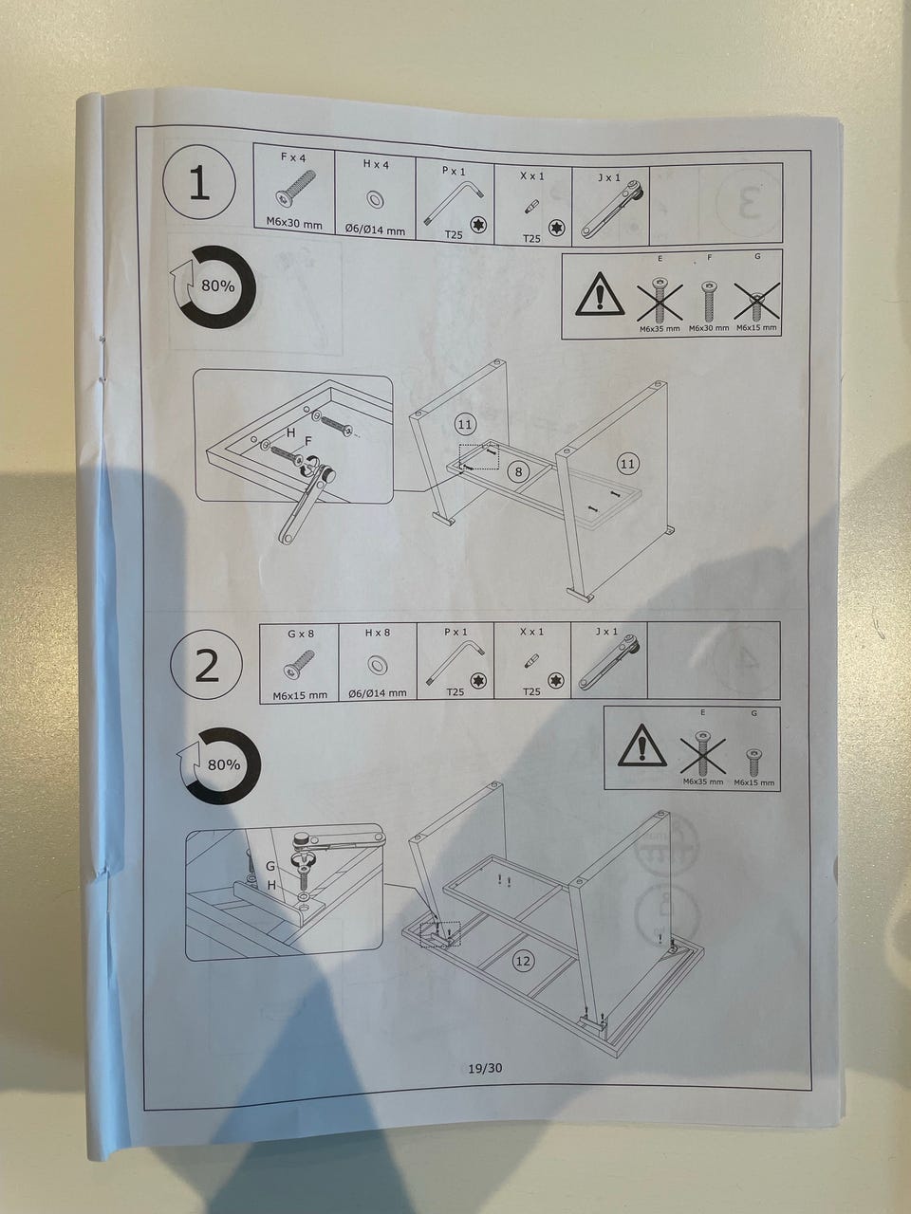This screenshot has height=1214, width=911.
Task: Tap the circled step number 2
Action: pyautogui.click(x=206, y=667)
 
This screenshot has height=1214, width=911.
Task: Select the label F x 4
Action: pyautogui.click(x=293, y=157)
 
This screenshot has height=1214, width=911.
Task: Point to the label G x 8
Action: pyautogui.click(x=301, y=634)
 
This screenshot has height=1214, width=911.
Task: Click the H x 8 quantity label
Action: pyautogui.click(x=378, y=633)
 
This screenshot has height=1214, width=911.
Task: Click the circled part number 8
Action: pyautogui.click(x=518, y=471)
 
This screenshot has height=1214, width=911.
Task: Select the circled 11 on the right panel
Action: pyautogui.click(x=627, y=463)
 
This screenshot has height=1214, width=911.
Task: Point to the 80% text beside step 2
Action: pyautogui.click(x=224, y=764)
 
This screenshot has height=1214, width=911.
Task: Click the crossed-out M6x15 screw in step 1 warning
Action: pyautogui.click(x=757, y=302)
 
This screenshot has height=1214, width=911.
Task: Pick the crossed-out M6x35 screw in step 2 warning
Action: pyautogui.click(x=702, y=754)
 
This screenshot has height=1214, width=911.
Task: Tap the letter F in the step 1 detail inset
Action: pyautogui.click(x=308, y=441)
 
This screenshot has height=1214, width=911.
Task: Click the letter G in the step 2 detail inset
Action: pyautogui.click(x=270, y=866)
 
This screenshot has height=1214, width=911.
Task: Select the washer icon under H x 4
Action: pyautogui.click(x=376, y=198)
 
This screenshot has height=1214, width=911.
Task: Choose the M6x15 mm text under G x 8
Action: pyautogui.click(x=300, y=695)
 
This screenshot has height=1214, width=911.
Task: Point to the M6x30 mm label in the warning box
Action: pyautogui.click(x=709, y=328)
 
